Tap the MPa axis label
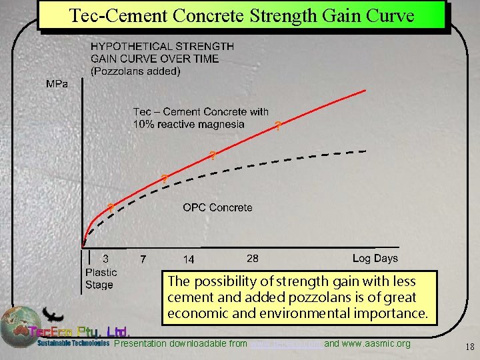coord(56,85)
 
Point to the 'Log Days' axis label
coord(375,258)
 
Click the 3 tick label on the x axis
coord(105,259)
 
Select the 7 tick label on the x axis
coord(143,259)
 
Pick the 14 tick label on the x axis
coord(189,259)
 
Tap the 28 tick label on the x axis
coord(253,258)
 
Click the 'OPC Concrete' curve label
coord(217,207)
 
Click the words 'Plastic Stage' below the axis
coord(101,279)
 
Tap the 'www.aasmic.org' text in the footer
coord(377,344)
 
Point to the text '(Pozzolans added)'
coord(135,71)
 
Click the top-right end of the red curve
coord(365,90)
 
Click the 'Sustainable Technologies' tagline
coord(73,344)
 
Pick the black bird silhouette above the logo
coord(52,314)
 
